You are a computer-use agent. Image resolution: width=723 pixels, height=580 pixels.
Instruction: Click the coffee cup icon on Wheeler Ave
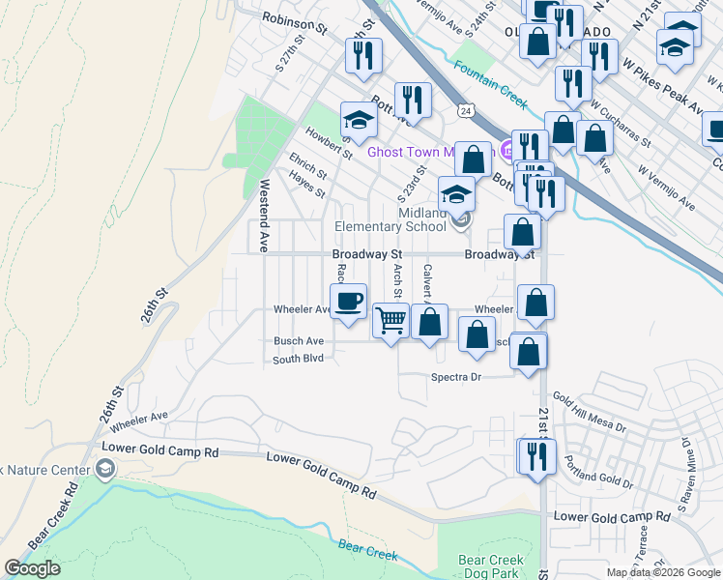pyautogui.click(x=348, y=300)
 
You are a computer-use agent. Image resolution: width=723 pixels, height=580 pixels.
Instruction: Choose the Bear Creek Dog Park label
pyautogui.click(x=490, y=566)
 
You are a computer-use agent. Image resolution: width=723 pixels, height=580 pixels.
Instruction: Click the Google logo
pyautogui.click(x=33, y=568)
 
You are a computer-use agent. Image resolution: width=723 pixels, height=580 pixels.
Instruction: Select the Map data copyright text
pyautogui.click(x=664, y=572)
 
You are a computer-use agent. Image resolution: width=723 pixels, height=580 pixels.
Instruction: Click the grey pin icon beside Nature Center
pyautogui.click(x=105, y=471)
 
